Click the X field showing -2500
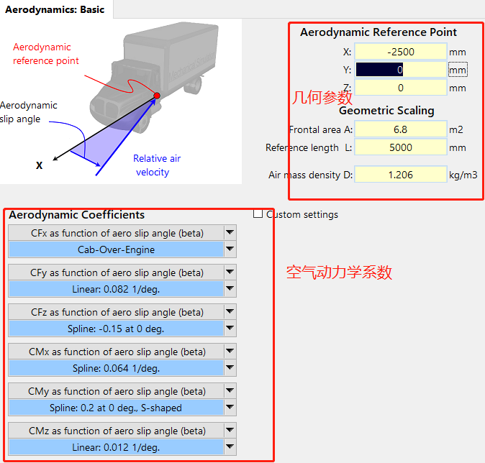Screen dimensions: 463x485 point(400,52)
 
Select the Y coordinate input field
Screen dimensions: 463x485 point(400,70)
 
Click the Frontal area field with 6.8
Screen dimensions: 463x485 point(400,129)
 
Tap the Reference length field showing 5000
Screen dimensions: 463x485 point(400,147)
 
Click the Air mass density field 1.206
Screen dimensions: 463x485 point(400,175)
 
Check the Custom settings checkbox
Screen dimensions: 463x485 point(258,214)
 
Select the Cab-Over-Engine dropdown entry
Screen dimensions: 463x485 point(116,249)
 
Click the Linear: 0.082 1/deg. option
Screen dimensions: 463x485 point(116,289)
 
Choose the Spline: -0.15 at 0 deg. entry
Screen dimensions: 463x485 point(116,329)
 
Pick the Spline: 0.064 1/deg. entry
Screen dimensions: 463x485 point(116,368)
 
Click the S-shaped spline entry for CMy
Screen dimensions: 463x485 point(116,408)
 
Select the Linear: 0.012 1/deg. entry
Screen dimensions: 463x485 point(116,447)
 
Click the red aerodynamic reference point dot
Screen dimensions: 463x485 point(156,96)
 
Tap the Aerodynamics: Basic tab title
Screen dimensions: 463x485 point(55,9)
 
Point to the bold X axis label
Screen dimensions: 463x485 point(40,165)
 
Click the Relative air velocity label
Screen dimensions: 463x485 point(156,165)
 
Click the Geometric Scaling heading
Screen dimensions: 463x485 point(386,111)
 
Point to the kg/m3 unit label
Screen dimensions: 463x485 point(463,175)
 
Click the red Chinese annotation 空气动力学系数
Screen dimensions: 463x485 point(339,272)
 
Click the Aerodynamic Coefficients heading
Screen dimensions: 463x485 point(76,215)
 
